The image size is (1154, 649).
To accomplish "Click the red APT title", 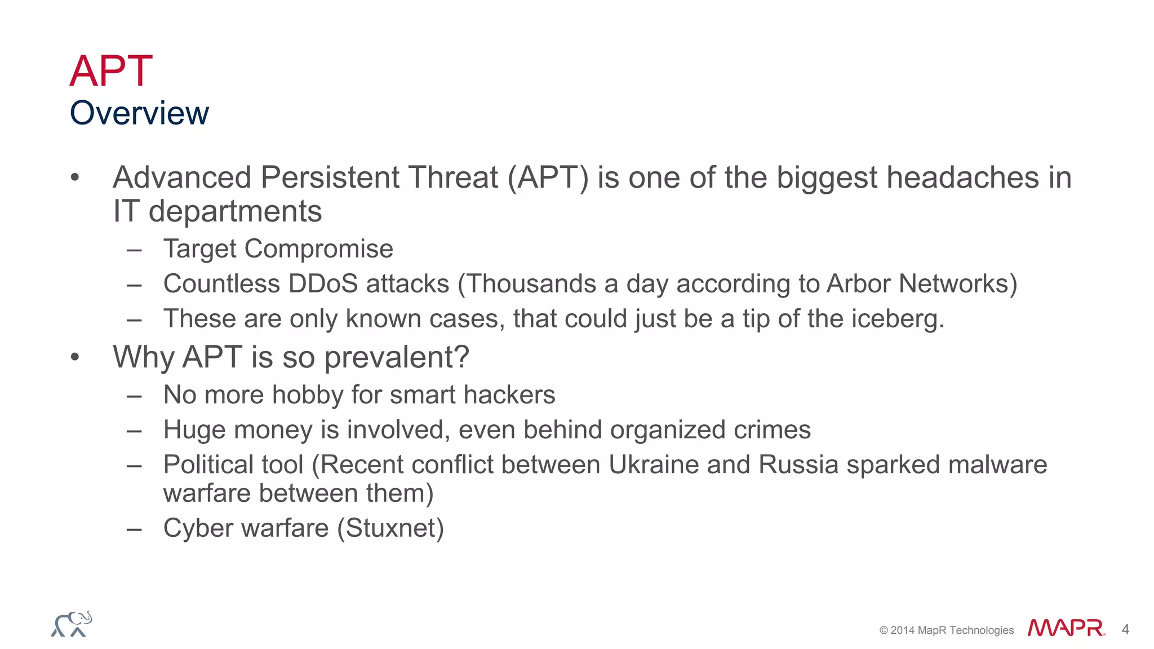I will point(111,71).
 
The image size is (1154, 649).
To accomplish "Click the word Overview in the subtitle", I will point(139,113).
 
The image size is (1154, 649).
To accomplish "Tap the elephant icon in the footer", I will point(72,624).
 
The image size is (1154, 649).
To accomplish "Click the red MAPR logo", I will point(1066,628).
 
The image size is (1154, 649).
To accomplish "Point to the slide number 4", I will point(1125,629).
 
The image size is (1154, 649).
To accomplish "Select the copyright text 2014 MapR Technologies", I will point(947,630).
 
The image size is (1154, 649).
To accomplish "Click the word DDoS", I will point(323,283).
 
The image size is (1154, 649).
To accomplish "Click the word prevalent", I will point(396,357).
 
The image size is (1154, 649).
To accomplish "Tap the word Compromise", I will point(318,249).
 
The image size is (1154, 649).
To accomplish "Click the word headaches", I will point(963,177).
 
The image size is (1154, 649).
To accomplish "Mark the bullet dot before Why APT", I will point(75,357).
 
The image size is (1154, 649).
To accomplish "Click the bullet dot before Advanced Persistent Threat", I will point(75,177).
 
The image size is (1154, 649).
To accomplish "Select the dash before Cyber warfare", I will point(134,529).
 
